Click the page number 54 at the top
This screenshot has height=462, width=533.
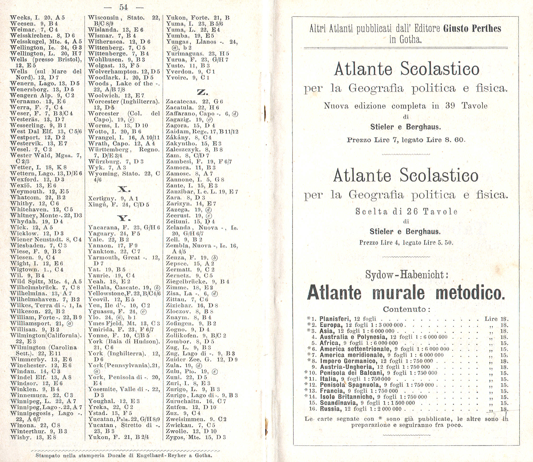(123, 8)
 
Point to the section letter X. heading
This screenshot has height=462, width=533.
(124, 190)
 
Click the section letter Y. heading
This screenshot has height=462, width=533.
(124, 219)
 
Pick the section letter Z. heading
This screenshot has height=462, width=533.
(203, 92)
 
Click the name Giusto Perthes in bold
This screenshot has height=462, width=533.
(472, 29)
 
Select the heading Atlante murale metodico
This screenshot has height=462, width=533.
(406, 293)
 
